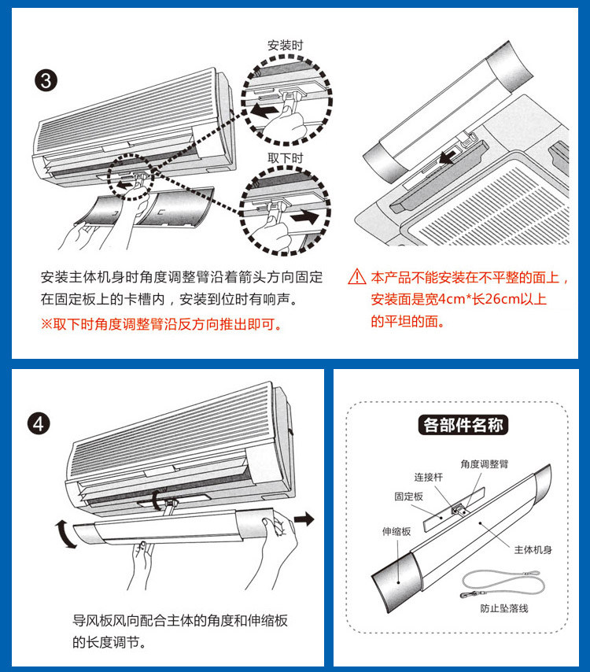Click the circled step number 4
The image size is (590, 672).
pyautogui.click(x=39, y=425)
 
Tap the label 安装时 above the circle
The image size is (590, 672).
pyautogui.click(x=285, y=45)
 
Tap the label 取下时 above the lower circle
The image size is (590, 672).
pyautogui.click(x=285, y=157)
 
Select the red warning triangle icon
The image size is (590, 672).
pyautogui.click(x=357, y=278)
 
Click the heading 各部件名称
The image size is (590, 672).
pyautogui.click(x=464, y=426)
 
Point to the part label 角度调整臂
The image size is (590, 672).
pyautogui.click(x=485, y=463)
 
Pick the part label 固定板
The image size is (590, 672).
pyautogui.click(x=408, y=497)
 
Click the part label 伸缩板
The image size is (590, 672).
pyautogui.click(x=396, y=532)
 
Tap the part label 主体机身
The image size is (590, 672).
pyautogui.click(x=533, y=549)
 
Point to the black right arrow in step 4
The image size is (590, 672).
pyautogui.click(x=304, y=519)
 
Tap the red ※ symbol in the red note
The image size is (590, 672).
pyautogui.click(x=46, y=323)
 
